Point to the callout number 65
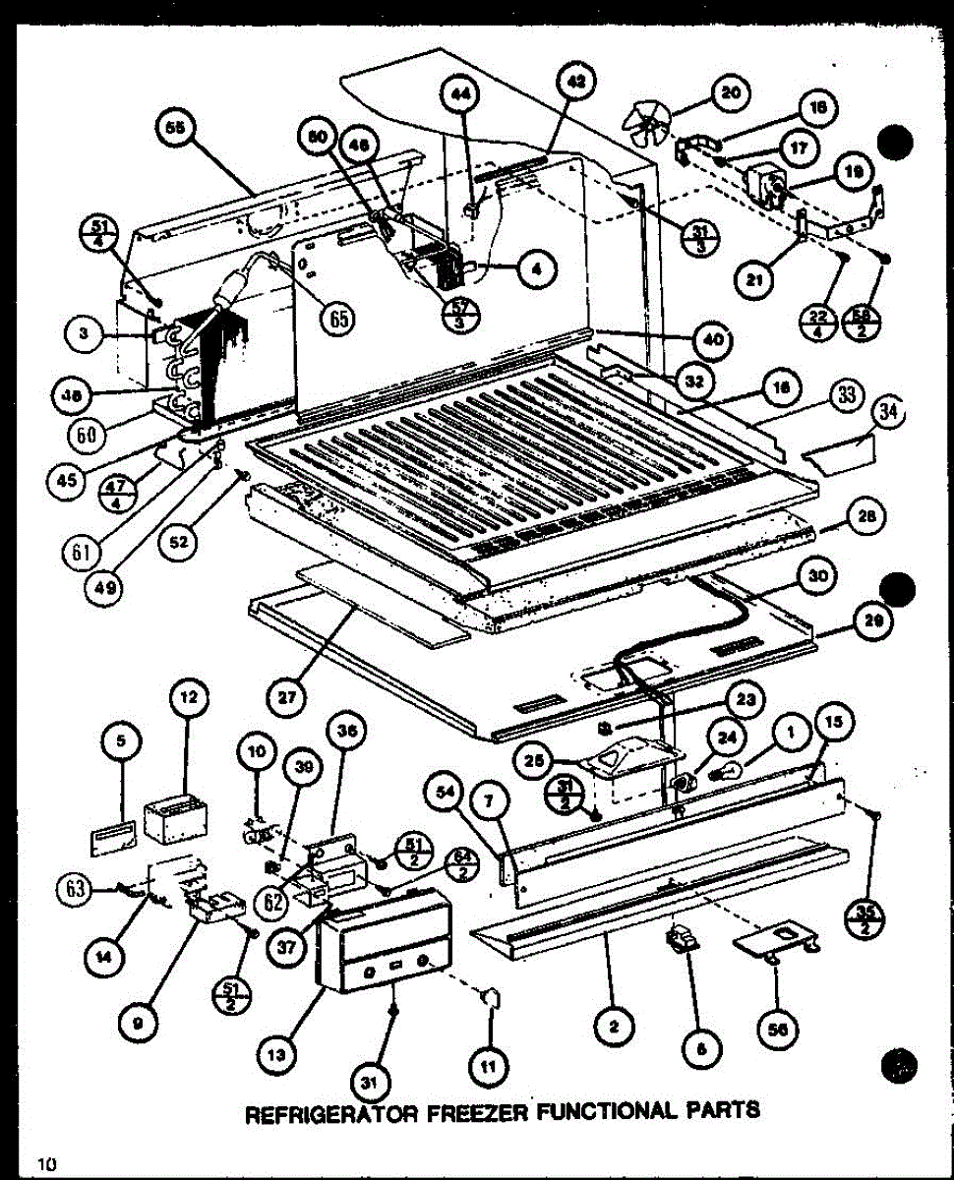[x=338, y=319]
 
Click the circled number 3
[x=86, y=335]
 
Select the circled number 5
[x=121, y=744]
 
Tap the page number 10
[x=45, y=1164]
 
